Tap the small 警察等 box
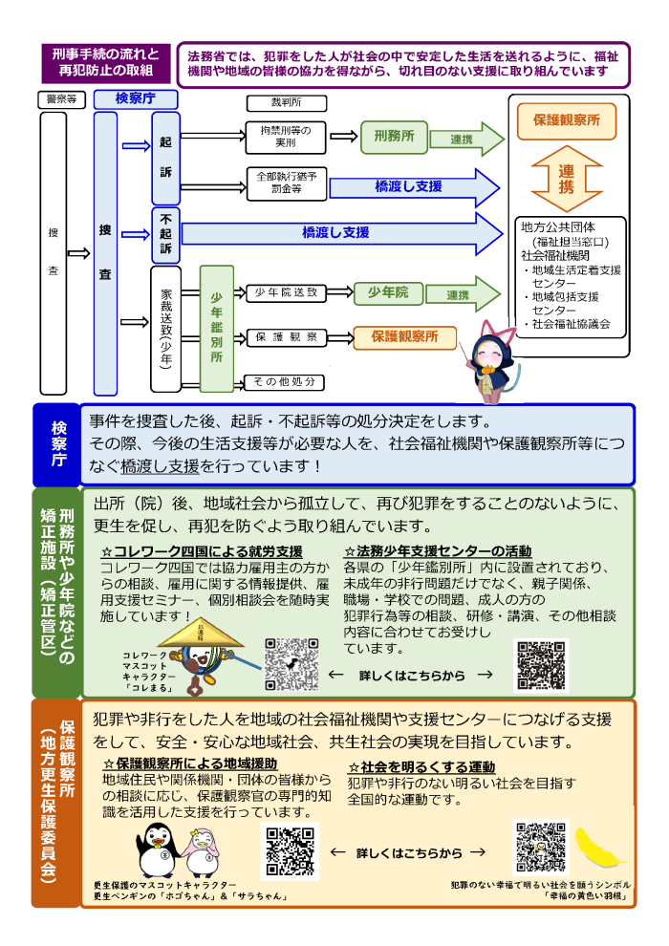[x=62, y=98]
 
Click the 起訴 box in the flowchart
[x=165, y=158]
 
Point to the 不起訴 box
[x=165, y=234]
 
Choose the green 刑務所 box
[x=393, y=138]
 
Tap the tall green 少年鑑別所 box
[x=217, y=329]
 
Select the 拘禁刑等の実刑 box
[x=286, y=137]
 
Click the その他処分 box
[x=285, y=382]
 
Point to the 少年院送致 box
[x=286, y=292]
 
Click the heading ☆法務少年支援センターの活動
[x=438, y=551]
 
